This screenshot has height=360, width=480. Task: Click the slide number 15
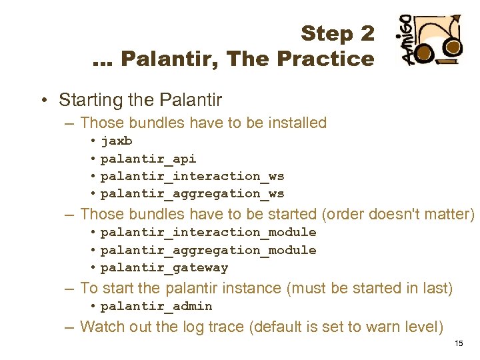(x=458, y=343)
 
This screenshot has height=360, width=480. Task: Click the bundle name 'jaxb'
(x=117, y=141)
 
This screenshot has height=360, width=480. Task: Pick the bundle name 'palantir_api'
(x=148, y=159)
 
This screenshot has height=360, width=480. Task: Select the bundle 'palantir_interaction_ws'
(x=192, y=176)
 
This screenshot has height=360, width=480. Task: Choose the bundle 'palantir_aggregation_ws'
(x=192, y=193)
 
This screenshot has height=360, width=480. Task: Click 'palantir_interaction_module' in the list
(x=208, y=232)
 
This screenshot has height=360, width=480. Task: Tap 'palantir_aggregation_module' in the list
(x=208, y=250)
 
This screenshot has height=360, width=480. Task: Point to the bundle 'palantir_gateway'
(x=164, y=268)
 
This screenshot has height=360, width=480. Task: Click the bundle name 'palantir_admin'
(x=156, y=306)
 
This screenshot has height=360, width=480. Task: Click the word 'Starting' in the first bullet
(x=84, y=101)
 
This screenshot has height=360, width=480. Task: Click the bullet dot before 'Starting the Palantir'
(x=43, y=100)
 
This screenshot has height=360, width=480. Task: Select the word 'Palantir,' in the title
(x=171, y=59)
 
